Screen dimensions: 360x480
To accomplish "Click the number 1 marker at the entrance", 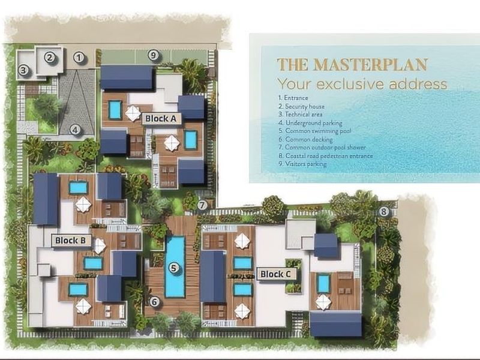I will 79,58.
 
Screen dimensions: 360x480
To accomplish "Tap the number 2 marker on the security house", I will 51,58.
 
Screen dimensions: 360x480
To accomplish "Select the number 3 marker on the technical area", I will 23,70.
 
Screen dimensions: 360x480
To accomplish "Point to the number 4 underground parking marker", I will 75,129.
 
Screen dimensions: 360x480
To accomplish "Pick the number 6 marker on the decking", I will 154,302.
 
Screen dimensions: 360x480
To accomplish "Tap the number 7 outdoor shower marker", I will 203,205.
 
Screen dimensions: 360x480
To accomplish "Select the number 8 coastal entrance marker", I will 384,211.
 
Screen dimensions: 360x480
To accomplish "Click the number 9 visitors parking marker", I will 154,56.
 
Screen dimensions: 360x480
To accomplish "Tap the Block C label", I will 276,274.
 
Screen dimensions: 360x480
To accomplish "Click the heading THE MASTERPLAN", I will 352,64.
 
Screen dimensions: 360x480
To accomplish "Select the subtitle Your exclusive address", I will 362,83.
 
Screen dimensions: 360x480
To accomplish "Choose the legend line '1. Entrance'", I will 293,97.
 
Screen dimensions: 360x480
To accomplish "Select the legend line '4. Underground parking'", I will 314,122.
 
